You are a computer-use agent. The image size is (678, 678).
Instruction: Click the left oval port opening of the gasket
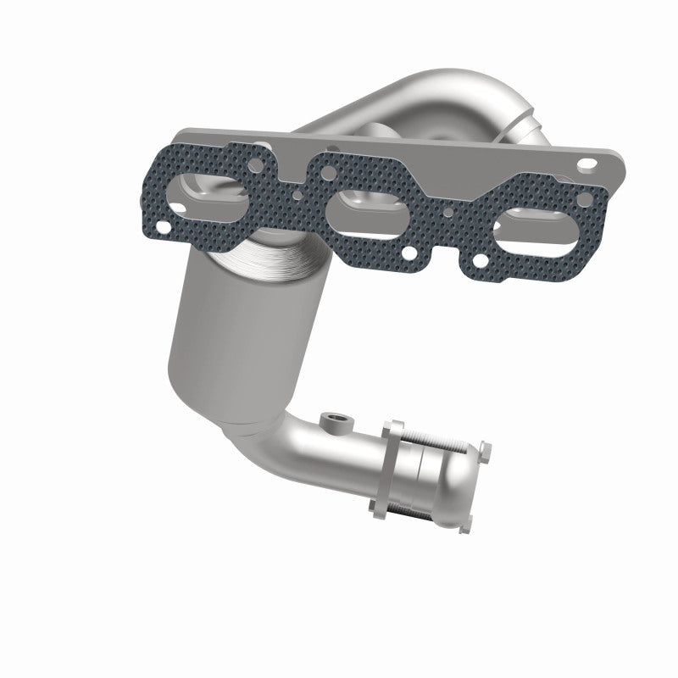207,194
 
